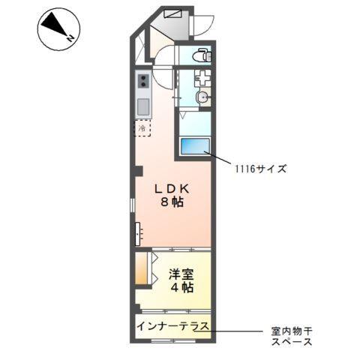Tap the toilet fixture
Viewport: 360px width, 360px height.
pos(200,56)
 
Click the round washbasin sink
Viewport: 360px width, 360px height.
pos(202,97)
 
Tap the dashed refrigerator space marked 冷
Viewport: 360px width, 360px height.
pos(142,128)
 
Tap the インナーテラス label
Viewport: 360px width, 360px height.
pos(172,325)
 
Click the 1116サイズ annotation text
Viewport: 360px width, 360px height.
pos(259,169)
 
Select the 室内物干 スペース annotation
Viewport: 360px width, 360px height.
pos(292,335)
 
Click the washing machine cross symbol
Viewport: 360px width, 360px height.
pos(202,76)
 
